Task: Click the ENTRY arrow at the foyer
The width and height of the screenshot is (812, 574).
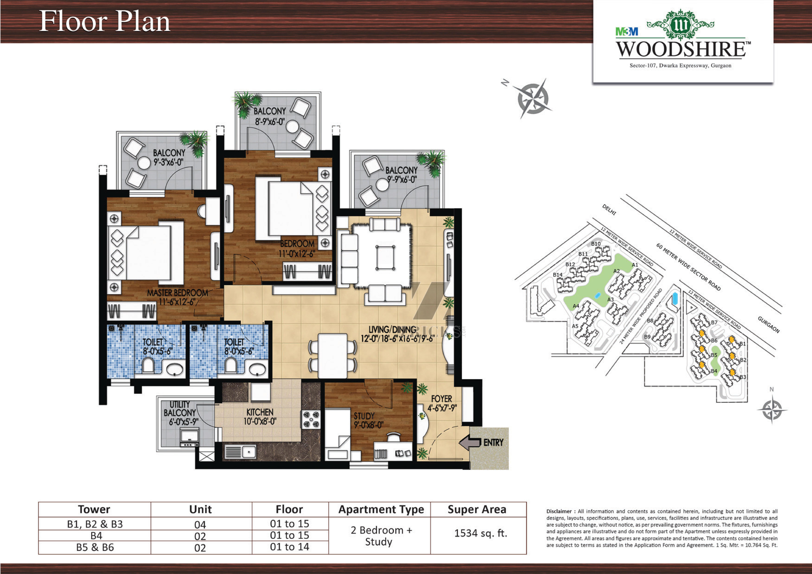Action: (x=470, y=442)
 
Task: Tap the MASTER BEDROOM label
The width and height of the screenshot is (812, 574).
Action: (x=178, y=293)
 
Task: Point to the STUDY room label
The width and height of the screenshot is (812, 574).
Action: (x=364, y=416)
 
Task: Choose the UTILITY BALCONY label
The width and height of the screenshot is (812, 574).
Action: (x=180, y=408)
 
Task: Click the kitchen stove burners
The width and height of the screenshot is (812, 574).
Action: (x=311, y=419)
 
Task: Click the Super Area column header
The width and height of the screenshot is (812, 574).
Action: (x=477, y=509)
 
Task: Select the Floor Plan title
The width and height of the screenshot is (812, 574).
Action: (x=105, y=21)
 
